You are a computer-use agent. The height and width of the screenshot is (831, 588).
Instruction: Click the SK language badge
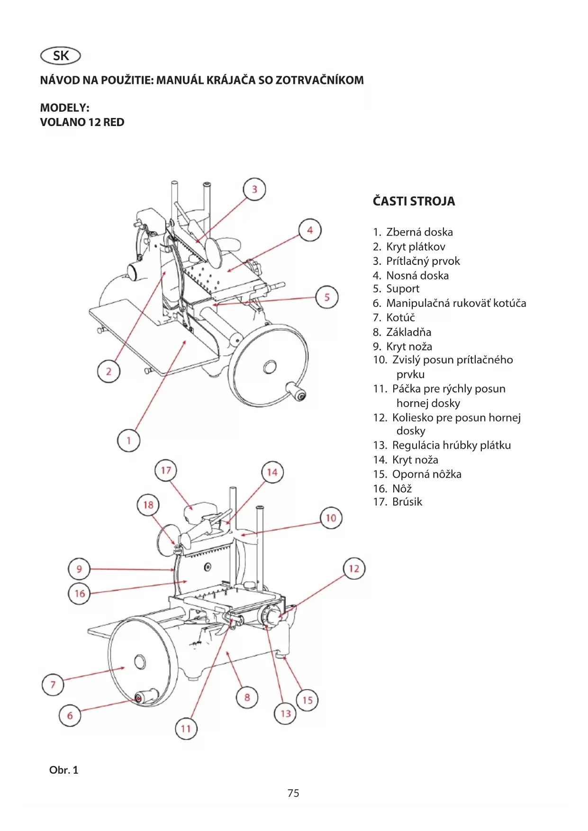coord(61,56)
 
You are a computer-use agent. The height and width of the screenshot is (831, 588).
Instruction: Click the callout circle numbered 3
coord(254,190)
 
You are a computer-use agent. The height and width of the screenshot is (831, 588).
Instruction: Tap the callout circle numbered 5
coord(327,298)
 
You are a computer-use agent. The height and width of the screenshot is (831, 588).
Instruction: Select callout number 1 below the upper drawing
coord(128,441)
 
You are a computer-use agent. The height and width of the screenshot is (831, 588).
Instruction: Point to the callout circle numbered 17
coord(166,470)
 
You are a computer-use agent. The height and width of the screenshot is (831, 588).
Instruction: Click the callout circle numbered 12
coord(354,569)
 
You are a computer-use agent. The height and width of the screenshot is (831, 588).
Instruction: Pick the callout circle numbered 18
coord(148,505)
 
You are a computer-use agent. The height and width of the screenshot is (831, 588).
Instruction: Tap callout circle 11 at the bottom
coord(186,729)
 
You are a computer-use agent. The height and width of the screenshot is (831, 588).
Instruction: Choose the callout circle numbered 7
coord(53,685)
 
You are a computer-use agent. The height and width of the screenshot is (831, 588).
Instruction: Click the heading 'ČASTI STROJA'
coord(414,201)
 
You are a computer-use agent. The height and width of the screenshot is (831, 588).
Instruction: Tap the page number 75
coord(293,793)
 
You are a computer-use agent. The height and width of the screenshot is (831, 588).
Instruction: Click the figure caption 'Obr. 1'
coord(63,770)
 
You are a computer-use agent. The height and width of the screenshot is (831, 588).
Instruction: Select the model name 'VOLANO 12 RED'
coord(82,122)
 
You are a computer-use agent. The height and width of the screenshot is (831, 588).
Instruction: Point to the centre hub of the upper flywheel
coord(270,366)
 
